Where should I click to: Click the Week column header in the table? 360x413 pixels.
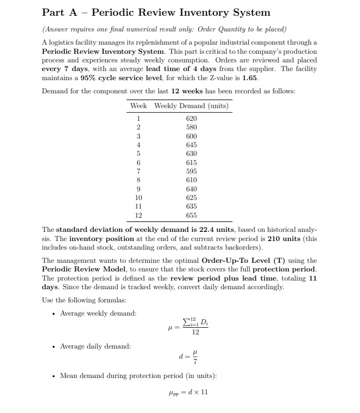[139, 106]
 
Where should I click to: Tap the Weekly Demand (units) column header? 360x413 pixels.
[191, 106]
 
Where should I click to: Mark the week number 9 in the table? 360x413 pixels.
[139, 189]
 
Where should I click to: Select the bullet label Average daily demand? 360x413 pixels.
[95, 347]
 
